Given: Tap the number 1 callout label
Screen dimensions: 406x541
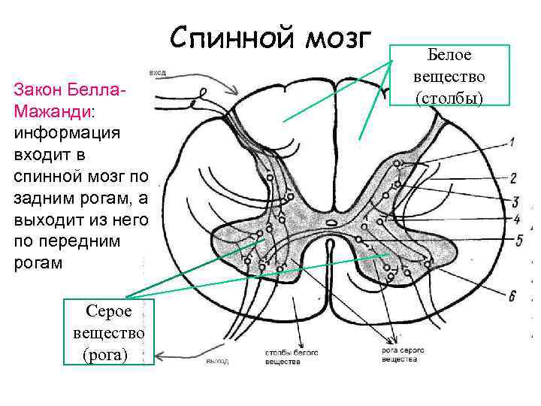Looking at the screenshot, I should (512, 141).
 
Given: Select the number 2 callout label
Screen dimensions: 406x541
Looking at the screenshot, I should (513, 179).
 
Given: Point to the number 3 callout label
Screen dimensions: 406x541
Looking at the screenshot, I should (515, 201).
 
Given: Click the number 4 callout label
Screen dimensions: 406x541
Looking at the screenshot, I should (516, 219).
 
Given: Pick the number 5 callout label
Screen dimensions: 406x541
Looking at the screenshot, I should (518, 241).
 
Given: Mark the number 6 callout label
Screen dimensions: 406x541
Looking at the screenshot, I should (512, 296).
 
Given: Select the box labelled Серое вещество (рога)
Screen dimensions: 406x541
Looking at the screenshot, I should (110, 332).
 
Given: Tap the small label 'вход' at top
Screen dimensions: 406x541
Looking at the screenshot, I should (158, 73).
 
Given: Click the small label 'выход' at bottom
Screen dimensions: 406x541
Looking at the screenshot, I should (216, 362).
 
